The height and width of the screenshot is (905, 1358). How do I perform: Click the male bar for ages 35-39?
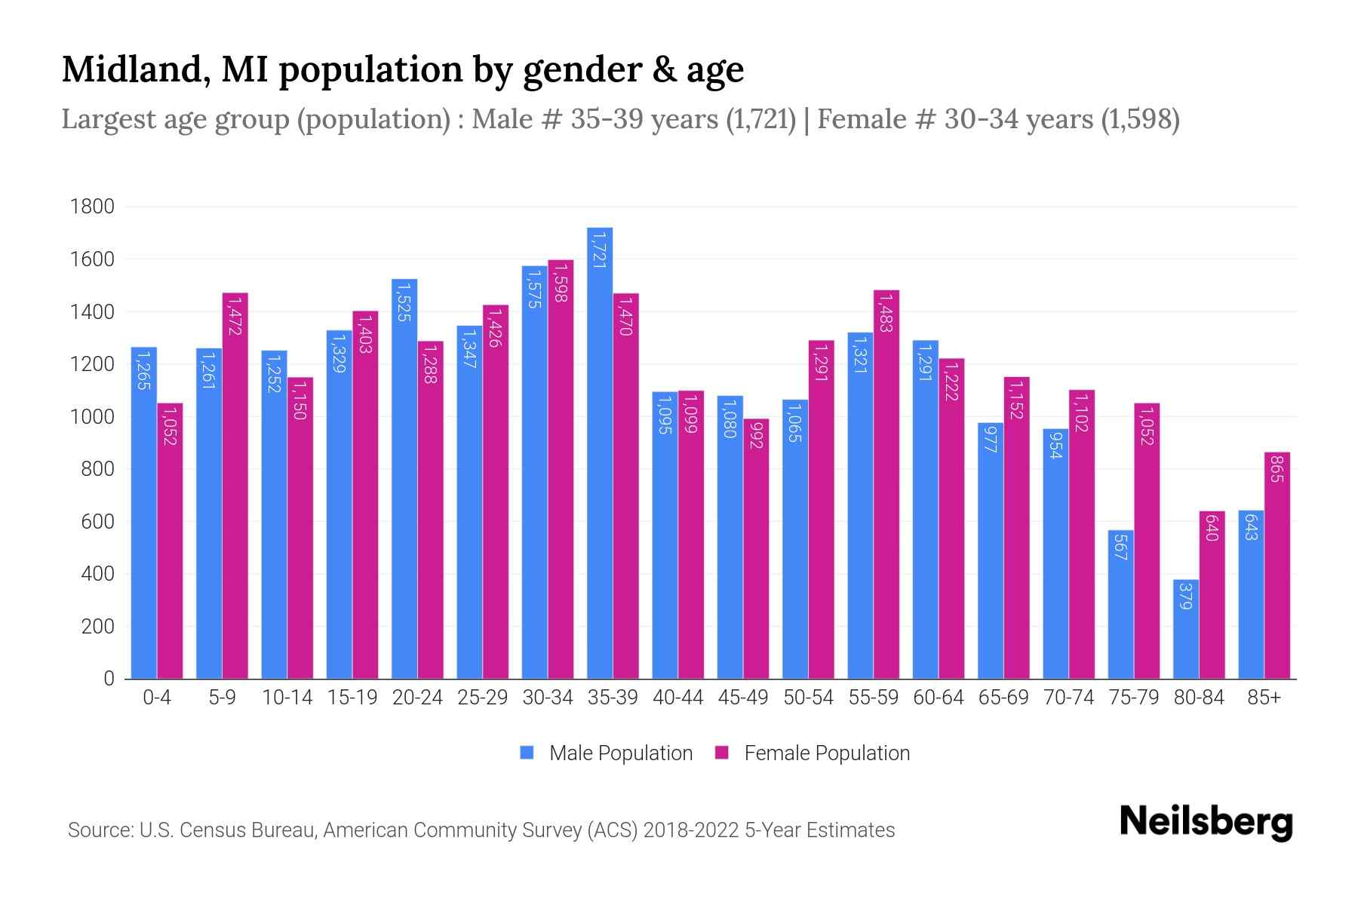point(600,452)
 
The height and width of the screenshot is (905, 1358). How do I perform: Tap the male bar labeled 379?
point(1186,630)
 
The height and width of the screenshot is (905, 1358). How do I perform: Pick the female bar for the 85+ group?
point(1277,566)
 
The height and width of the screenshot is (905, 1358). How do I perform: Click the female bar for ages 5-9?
point(235,486)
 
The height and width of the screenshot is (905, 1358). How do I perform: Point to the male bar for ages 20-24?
point(404,479)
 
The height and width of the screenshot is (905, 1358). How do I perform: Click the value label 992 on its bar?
point(756,434)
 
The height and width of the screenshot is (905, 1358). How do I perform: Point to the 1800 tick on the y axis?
point(92,207)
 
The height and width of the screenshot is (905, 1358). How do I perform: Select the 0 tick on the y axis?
point(109,679)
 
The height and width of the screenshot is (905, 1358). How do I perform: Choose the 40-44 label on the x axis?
point(677,698)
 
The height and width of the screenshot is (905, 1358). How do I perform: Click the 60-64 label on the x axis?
point(938,698)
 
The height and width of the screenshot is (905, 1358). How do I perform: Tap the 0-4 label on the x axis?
point(157,698)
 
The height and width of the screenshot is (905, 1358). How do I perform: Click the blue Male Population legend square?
point(527,753)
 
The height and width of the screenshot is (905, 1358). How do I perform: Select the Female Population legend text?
point(827,753)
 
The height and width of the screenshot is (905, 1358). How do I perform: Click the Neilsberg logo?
point(1206,822)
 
